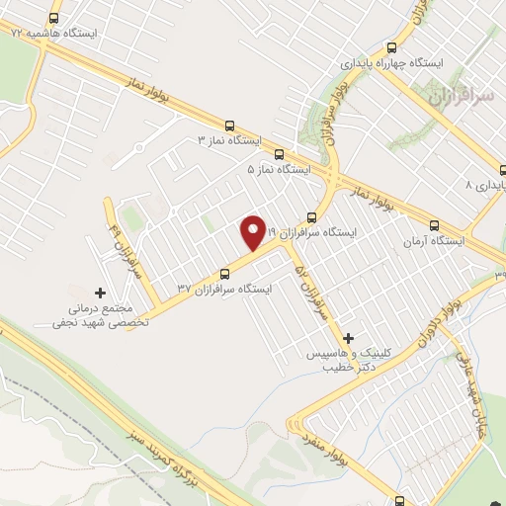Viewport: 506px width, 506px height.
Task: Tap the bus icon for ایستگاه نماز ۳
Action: [x=230, y=126]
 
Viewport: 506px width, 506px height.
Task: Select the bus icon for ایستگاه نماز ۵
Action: [x=279, y=154]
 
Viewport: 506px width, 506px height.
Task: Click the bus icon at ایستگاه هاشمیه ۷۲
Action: [x=52, y=17]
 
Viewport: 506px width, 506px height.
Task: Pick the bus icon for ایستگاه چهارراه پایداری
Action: [x=392, y=46]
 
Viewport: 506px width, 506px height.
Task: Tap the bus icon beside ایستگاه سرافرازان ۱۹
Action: [x=311, y=216]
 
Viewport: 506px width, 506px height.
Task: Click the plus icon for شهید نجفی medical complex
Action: [x=99, y=293]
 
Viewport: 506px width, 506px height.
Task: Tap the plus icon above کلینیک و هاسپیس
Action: [x=348, y=337]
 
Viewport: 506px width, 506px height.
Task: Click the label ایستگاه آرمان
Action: [x=436, y=241]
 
